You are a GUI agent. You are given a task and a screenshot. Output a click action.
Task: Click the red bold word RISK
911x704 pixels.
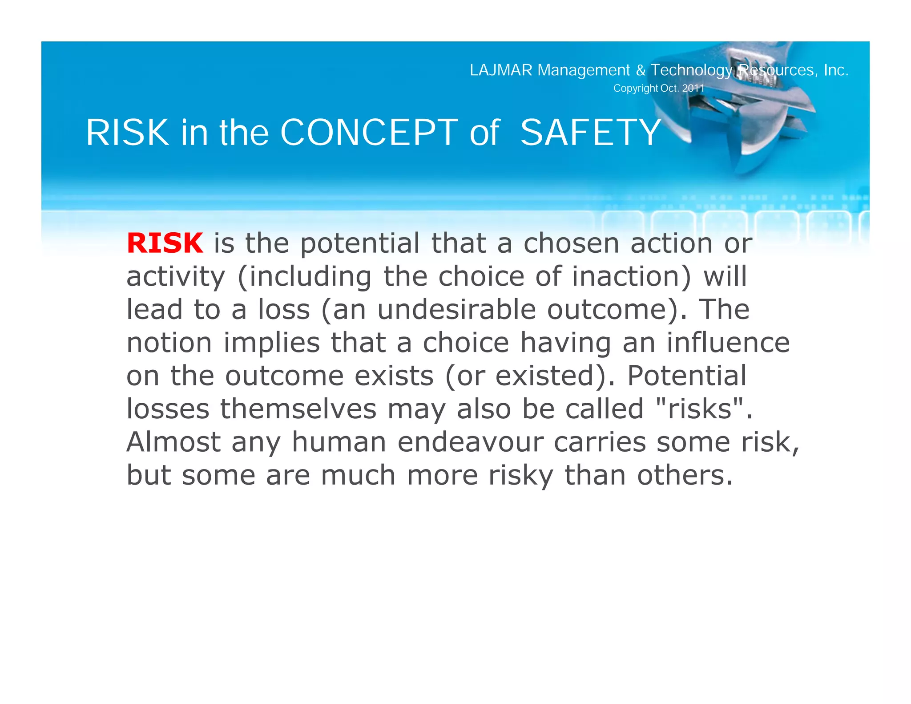[x=165, y=243]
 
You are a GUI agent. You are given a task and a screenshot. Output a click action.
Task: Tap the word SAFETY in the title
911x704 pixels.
[x=591, y=133]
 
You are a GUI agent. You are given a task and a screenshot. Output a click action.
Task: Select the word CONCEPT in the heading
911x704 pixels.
[x=369, y=133]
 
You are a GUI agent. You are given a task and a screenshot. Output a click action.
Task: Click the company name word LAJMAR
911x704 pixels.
[x=501, y=70]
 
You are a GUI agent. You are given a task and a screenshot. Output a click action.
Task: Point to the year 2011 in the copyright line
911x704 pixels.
[x=693, y=88]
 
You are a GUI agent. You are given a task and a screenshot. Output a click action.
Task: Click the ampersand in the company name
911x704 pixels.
[x=641, y=70]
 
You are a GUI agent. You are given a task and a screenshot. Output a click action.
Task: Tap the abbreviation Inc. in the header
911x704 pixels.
[x=836, y=70]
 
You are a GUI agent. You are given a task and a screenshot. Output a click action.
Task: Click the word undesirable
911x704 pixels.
[x=456, y=309]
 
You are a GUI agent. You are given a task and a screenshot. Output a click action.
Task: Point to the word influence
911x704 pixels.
[x=728, y=343]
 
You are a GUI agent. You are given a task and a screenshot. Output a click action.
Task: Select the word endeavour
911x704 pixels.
[x=470, y=442]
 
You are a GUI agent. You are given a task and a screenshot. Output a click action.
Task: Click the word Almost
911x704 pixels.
[x=173, y=442]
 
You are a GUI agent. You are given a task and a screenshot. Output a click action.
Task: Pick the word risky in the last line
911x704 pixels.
[x=521, y=475]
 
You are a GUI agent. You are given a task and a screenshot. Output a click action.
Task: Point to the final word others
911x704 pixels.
[x=685, y=475]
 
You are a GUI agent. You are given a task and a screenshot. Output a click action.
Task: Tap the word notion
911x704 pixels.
[x=169, y=343]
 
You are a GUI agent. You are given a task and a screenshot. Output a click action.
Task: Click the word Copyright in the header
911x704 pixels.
[x=635, y=88]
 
